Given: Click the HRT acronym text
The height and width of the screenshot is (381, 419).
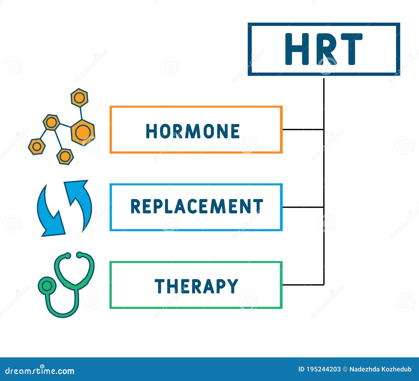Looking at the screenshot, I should pos(324,49).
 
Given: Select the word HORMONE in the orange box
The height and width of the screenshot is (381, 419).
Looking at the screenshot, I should pos(193,131).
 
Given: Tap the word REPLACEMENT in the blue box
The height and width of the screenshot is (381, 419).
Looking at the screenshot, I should pos(196,206).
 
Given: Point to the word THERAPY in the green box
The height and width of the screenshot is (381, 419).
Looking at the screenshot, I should pos(196,286).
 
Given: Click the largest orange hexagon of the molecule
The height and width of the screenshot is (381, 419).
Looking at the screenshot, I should pos(83,132).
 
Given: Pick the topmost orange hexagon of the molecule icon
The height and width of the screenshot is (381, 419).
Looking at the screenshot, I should pos(79,98).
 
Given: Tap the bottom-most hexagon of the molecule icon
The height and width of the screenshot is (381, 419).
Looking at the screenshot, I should pos(65,157).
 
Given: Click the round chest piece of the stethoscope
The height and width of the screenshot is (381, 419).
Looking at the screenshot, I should pos(47,286).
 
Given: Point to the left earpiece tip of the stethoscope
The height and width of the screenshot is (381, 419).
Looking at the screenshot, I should pos(67,255).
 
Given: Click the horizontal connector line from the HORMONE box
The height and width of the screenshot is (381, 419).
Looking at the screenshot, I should pos(303,130).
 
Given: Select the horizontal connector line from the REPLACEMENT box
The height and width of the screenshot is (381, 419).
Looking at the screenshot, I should pos(303,207).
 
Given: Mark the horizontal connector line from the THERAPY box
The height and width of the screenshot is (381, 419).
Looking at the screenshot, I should pos(303,285).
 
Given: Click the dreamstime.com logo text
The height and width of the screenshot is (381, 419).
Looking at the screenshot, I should pos(40,371).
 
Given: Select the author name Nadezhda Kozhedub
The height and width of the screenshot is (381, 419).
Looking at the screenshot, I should pos(380,369).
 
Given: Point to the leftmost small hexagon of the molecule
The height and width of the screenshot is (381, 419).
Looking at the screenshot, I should pos(37,147).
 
